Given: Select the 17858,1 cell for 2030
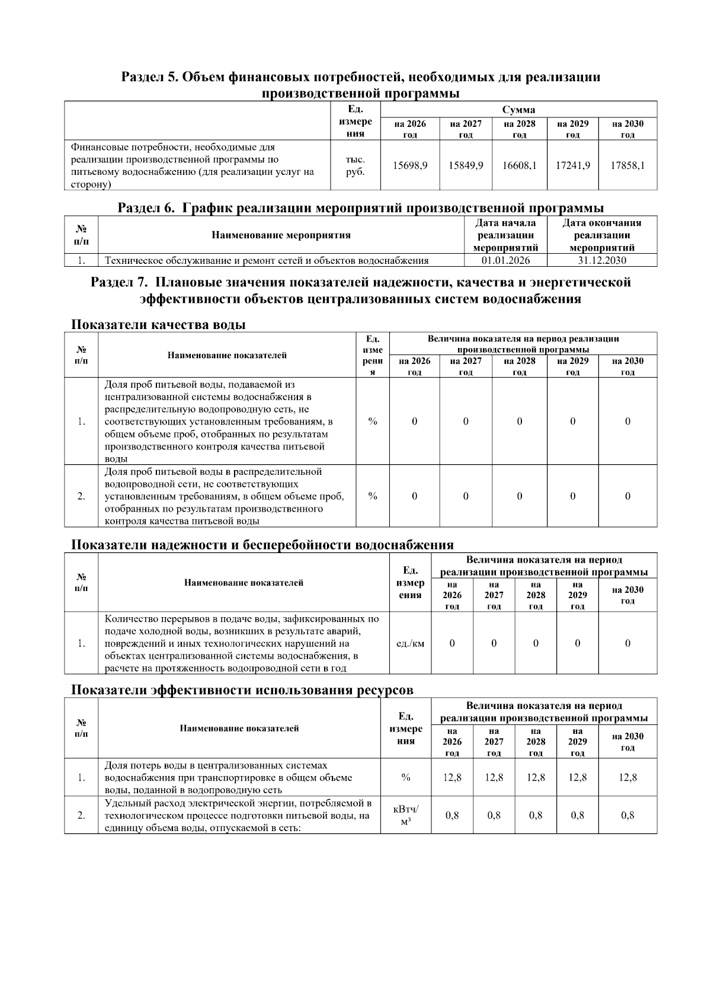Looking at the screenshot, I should click(x=627, y=165).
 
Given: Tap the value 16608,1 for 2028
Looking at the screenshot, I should click(x=519, y=165).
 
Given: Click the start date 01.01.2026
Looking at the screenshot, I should click(x=505, y=260).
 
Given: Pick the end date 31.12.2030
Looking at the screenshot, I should click(x=601, y=260).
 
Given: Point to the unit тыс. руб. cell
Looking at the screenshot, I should click(x=355, y=165).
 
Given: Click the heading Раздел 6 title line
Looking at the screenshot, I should click(x=360, y=208).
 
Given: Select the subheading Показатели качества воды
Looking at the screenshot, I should click(x=158, y=324).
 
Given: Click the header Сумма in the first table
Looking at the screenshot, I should click(x=518, y=110).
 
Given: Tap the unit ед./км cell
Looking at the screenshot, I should click(x=410, y=643).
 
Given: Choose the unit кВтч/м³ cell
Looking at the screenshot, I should click(x=406, y=815).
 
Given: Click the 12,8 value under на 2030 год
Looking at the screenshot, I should click(x=627, y=777).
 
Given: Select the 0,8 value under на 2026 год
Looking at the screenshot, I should click(x=452, y=815).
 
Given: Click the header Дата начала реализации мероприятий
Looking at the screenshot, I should click(x=505, y=235).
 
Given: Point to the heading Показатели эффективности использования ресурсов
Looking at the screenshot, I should click(x=242, y=690).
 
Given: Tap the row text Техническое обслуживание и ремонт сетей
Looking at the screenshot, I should click(x=267, y=260).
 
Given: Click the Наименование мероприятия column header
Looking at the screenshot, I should click(x=281, y=235).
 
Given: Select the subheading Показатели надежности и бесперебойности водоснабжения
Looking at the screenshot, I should click(x=262, y=545).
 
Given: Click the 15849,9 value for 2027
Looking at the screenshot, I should click(x=465, y=165).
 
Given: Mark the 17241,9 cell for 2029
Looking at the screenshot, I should click(x=572, y=165).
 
